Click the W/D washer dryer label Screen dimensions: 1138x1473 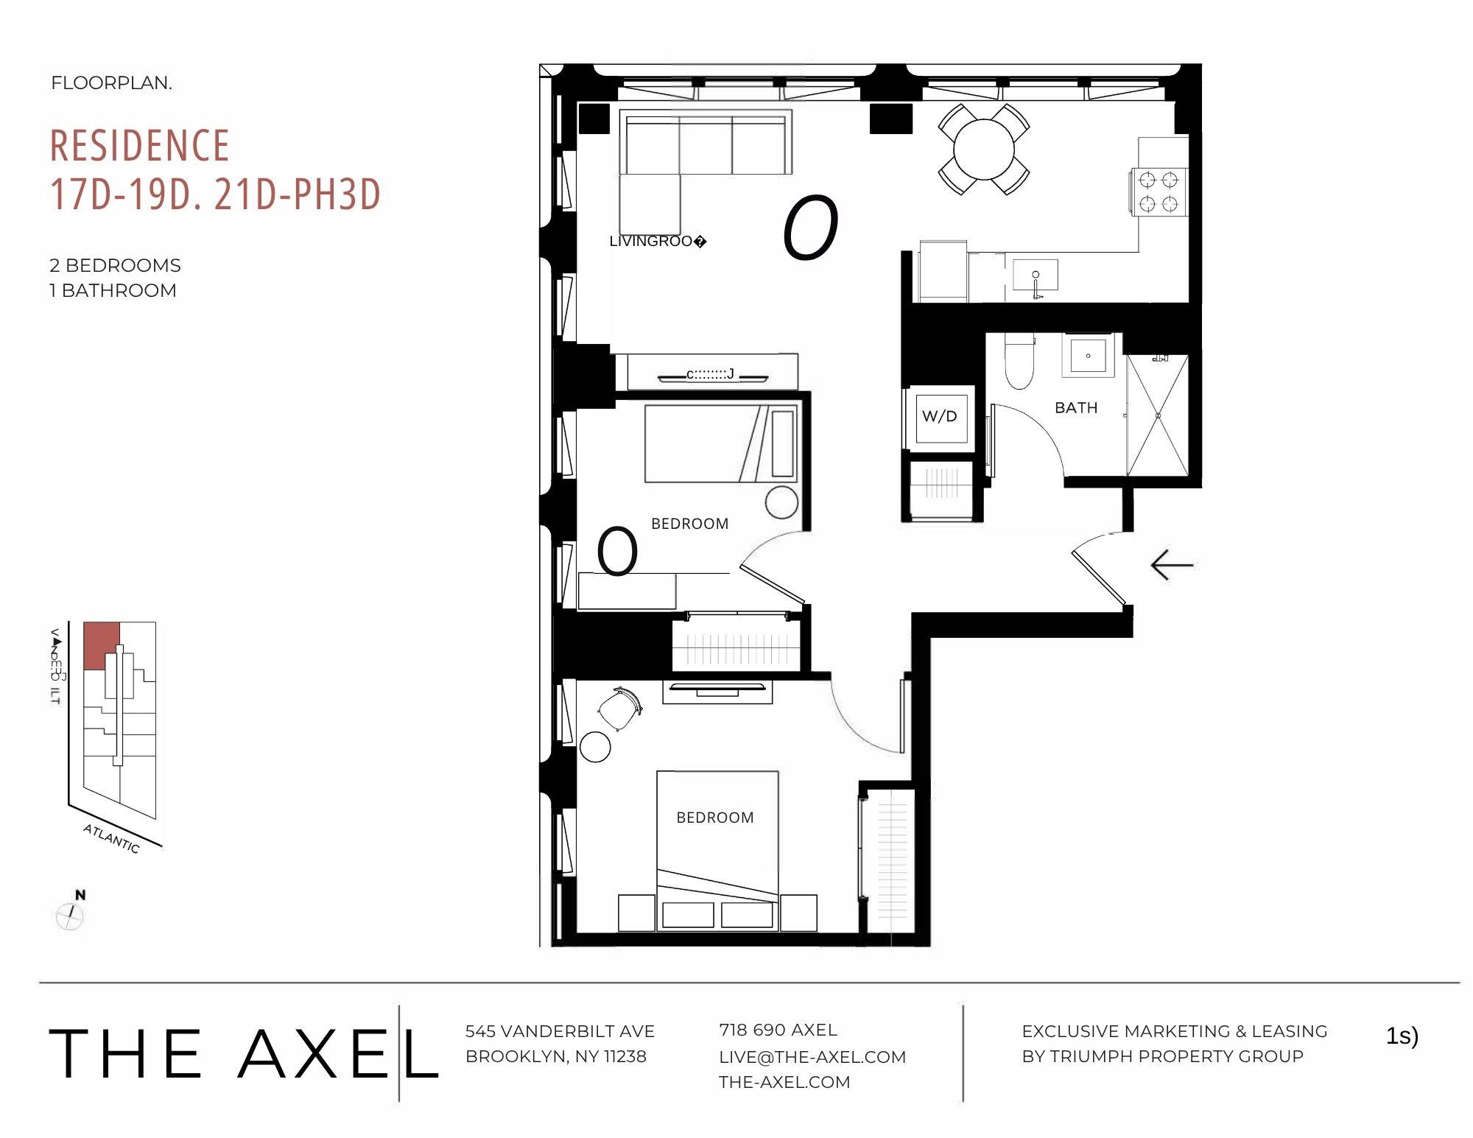(939, 416)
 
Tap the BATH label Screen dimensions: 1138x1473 (1076, 407)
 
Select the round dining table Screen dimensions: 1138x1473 (984, 149)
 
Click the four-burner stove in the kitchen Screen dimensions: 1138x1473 (1159, 191)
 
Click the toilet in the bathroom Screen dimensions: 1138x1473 (1020, 365)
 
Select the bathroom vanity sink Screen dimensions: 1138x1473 (1088, 356)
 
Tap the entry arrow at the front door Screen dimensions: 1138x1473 (1172, 565)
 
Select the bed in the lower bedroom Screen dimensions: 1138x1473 (717, 840)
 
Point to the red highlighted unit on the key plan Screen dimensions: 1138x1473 (101, 642)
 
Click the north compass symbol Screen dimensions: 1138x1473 (71, 916)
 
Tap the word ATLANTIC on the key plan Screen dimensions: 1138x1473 (111, 838)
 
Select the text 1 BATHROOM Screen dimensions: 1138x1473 (113, 290)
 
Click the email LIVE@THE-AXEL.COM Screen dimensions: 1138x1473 (812, 1057)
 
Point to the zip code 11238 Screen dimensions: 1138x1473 (625, 1056)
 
